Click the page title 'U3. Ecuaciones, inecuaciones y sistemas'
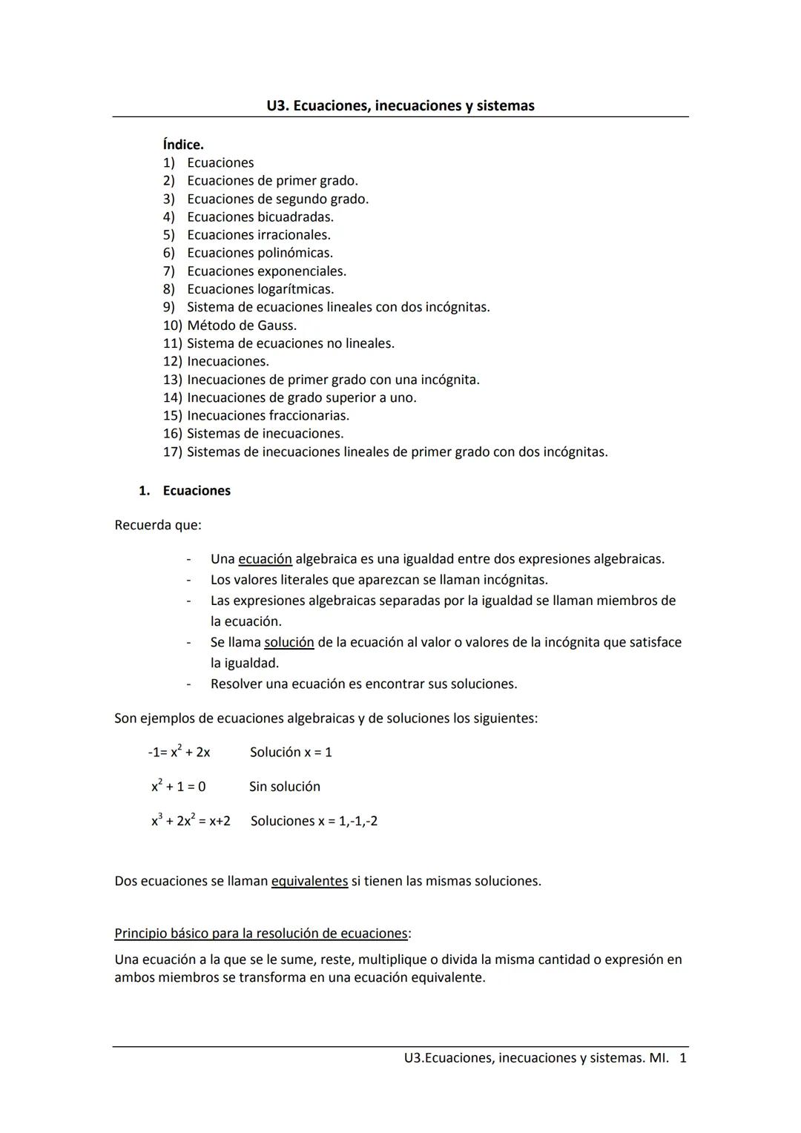click(400, 106)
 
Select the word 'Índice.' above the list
click(183, 145)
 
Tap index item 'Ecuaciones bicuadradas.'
click(260, 217)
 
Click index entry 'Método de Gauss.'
click(241, 326)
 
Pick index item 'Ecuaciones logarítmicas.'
click(260, 289)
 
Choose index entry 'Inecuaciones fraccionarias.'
click(268, 416)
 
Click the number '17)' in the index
click(172, 452)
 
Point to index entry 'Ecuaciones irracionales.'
click(258, 235)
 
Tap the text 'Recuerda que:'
click(158, 525)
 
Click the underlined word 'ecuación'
click(265, 559)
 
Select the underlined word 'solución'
click(289, 642)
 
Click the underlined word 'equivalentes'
click(309, 881)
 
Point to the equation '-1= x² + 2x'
click(179, 752)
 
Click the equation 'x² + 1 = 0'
click(179, 786)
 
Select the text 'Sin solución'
click(285, 786)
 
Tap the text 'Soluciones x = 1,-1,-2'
click(314, 821)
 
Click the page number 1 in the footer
click(683, 1057)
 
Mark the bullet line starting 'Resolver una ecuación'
click(363, 684)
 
